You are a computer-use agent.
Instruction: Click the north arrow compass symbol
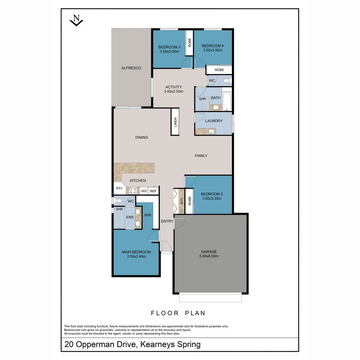76,20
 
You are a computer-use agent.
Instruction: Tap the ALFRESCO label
131,68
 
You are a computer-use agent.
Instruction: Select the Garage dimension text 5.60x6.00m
209,256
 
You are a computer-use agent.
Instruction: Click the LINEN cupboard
175,122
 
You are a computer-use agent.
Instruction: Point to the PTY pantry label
119,189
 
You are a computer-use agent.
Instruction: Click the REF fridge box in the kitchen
153,191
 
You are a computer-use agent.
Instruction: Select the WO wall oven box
144,191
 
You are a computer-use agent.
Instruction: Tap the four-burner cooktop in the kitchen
133,191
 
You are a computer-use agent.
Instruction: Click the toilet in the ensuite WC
118,201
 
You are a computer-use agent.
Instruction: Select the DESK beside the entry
182,201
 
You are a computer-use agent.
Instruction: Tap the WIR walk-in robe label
148,215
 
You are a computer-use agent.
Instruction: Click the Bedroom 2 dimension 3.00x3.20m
212,199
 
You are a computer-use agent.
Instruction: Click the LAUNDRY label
214,121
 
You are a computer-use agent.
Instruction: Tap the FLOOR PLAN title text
178,313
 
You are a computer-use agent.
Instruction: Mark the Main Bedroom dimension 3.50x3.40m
136,256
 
